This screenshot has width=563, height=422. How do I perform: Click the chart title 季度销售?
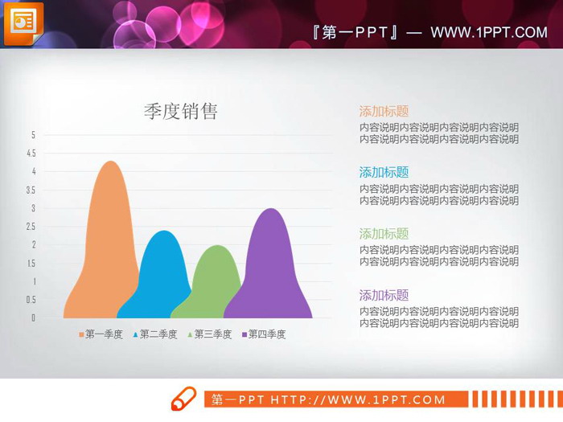(180, 112)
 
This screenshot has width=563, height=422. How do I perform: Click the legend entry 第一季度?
(101, 334)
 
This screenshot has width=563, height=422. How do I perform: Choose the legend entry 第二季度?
(155, 334)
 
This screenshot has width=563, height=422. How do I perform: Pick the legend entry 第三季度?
(210, 334)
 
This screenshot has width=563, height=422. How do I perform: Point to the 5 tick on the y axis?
(33, 135)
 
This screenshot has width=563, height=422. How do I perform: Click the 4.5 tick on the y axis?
(31, 154)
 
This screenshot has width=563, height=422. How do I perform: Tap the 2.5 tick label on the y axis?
(31, 227)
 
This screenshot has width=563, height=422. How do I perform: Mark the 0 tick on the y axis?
(33, 318)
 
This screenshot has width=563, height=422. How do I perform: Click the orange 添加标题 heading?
(384, 112)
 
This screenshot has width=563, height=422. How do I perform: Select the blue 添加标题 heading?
(384, 172)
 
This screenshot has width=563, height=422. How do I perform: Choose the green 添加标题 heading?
(384, 234)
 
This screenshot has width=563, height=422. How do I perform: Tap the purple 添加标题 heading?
(384, 295)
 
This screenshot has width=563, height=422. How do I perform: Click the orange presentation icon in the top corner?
(23, 23)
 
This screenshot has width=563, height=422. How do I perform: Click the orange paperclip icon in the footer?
(183, 398)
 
